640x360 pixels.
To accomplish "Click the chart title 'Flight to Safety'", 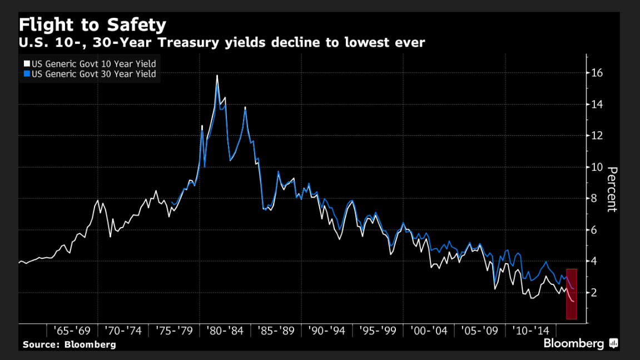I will [x=92, y=25].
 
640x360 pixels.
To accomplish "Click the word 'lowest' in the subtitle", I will [x=364, y=42].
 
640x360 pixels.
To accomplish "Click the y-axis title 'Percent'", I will [x=612, y=189].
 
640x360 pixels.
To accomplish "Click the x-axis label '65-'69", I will [x=72, y=331].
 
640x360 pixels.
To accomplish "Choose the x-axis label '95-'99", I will [x=378, y=331].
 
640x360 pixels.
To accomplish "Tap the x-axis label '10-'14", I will [x=530, y=331].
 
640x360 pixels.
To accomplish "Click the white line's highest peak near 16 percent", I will [x=217, y=75].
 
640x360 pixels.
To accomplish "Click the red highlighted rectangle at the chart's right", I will [x=572, y=294].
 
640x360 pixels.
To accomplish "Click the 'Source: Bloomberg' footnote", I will [x=70, y=344].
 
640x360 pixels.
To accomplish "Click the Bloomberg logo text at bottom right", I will [x=573, y=344].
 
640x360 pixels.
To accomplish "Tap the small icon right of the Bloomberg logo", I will [x=614, y=344].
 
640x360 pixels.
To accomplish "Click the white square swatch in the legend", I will [x=26, y=64].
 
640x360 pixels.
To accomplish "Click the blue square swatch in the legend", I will [x=26, y=73].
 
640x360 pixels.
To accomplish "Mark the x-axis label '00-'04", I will [x=429, y=331].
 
